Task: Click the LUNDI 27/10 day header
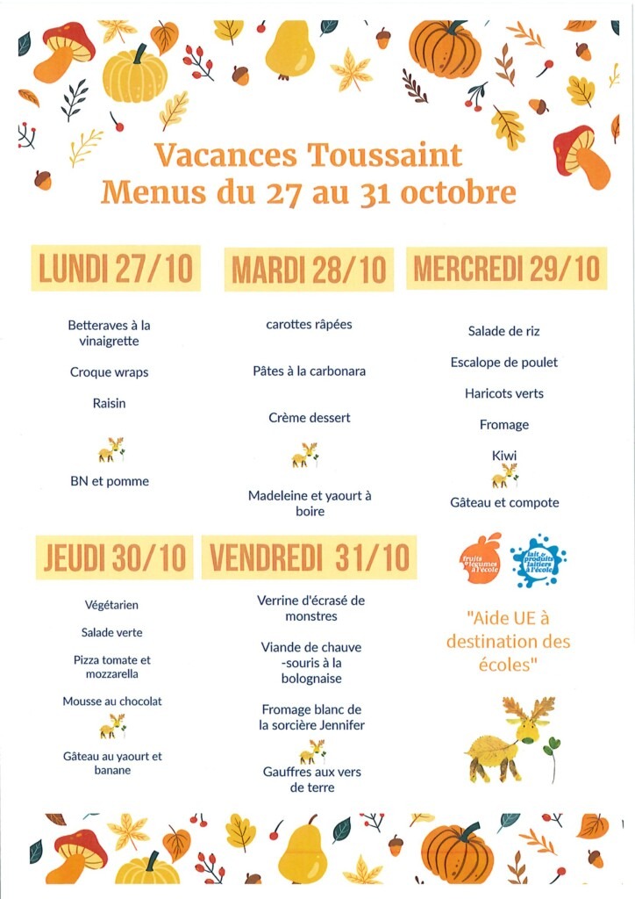[116, 269]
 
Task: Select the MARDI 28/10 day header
[309, 270]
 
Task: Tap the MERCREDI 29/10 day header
[507, 268]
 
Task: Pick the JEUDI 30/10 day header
[115, 557]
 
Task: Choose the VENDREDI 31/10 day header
[310, 557]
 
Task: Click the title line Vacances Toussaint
[308, 155]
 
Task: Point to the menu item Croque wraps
[110, 372]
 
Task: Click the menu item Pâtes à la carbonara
[310, 371]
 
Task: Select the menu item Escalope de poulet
[504, 363]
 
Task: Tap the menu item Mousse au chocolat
[112, 701]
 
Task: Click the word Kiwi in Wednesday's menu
[504, 456]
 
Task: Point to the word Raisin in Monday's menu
[110, 404]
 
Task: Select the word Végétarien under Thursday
[112, 605]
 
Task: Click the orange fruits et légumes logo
[480, 557]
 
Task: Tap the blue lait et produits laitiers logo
[538, 560]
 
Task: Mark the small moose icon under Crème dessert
[305, 455]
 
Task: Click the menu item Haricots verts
[504, 393]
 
